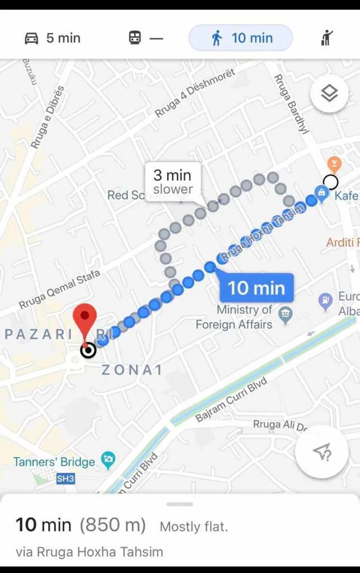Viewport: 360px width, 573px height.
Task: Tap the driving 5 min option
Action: [x=53, y=38]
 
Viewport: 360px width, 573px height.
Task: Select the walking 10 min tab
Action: [x=241, y=38]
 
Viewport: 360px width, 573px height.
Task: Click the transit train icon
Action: [x=135, y=38]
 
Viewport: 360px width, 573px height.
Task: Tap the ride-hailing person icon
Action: [x=328, y=38]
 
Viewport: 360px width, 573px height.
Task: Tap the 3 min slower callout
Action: [x=172, y=182]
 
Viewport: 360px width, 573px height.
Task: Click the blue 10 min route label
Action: [x=256, y=288]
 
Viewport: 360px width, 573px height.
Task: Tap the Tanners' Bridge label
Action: [x=54, y=462]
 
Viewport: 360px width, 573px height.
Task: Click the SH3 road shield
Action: [x=65, y=479]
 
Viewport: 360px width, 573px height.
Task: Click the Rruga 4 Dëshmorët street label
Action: [x=194, y=93]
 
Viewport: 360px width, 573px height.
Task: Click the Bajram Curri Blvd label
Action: [x=231, y=400]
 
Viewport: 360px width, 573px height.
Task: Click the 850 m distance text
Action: [x=113, y=525]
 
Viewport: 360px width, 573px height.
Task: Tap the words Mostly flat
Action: [x=194, y=527]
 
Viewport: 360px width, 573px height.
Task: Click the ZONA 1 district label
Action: [x=132, y=370]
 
